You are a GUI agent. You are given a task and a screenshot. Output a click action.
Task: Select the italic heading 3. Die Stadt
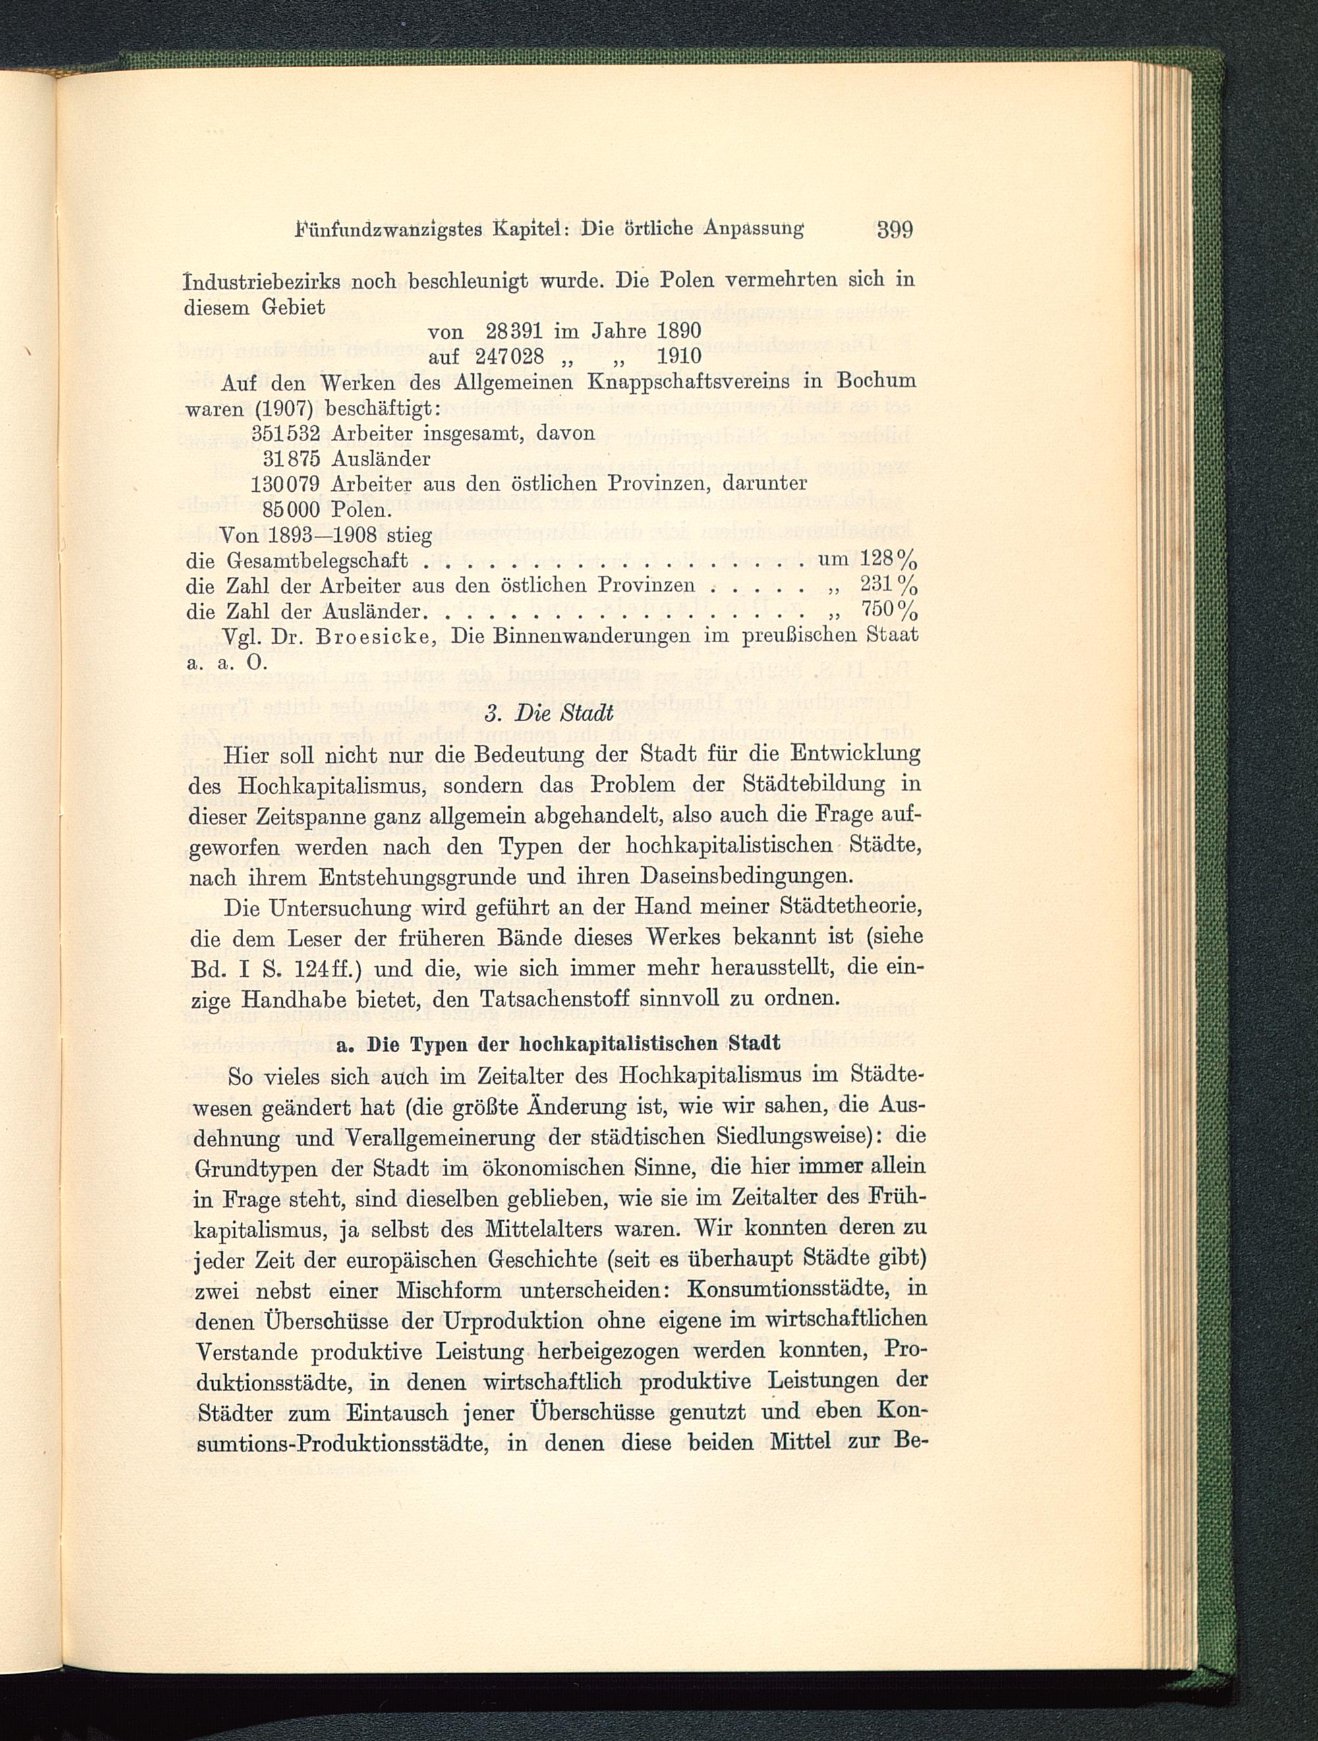coord(548,715)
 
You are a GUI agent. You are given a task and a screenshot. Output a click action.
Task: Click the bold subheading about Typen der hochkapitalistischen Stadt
coord(558,1044)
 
